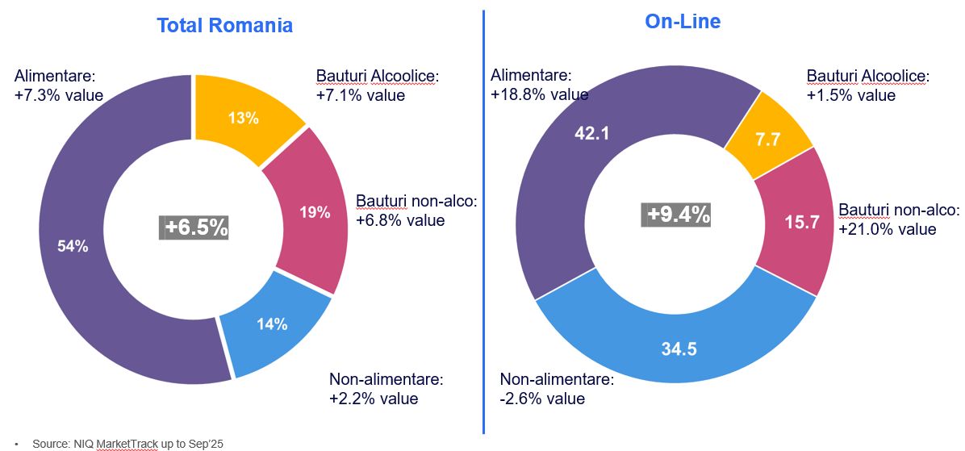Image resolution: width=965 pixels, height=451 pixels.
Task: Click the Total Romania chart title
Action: (x=224, y=25)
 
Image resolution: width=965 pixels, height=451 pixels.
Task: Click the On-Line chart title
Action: (x=683, y=22)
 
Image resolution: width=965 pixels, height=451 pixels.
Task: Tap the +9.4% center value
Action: (x=678, y=215)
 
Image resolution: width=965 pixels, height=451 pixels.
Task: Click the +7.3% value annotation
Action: (x=59, y=95)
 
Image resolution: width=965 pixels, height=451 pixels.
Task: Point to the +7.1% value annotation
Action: (x=361, y=95)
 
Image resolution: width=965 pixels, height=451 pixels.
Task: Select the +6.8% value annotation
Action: (x=400, y=219)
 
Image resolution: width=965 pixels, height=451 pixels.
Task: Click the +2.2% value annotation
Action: (x=374, y=398)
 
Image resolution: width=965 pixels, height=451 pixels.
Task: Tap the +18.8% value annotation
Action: (x=539, y=94)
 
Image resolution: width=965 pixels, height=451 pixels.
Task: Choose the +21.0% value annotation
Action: (x=888, y=229)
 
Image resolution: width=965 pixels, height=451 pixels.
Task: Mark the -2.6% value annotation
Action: (x=542, y=399)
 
